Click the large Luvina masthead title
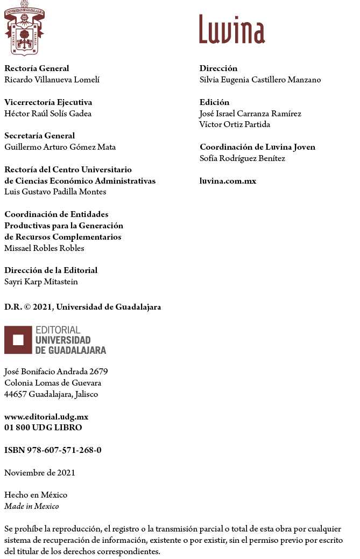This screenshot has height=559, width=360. point(232,30)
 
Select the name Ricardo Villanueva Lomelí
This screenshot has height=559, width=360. point(52,80)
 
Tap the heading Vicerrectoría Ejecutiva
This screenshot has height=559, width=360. point(48,102)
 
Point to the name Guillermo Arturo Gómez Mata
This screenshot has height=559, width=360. point(60,147)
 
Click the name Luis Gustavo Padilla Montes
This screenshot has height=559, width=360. point(55,192)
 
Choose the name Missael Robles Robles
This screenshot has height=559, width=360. point(44,248)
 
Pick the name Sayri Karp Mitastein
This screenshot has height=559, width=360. point(41,282)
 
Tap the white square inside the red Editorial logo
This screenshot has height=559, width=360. point(18,340)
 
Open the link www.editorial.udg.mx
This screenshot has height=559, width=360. point(46,417)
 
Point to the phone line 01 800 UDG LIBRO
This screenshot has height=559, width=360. point(43,428)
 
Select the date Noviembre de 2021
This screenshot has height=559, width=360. point(40,473)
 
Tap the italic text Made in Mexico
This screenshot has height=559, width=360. point(32,506)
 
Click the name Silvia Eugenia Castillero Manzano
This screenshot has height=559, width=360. point(260,80)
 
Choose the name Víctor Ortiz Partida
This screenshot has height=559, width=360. point(235,124)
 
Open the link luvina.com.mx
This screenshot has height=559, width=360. point(228,181)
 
